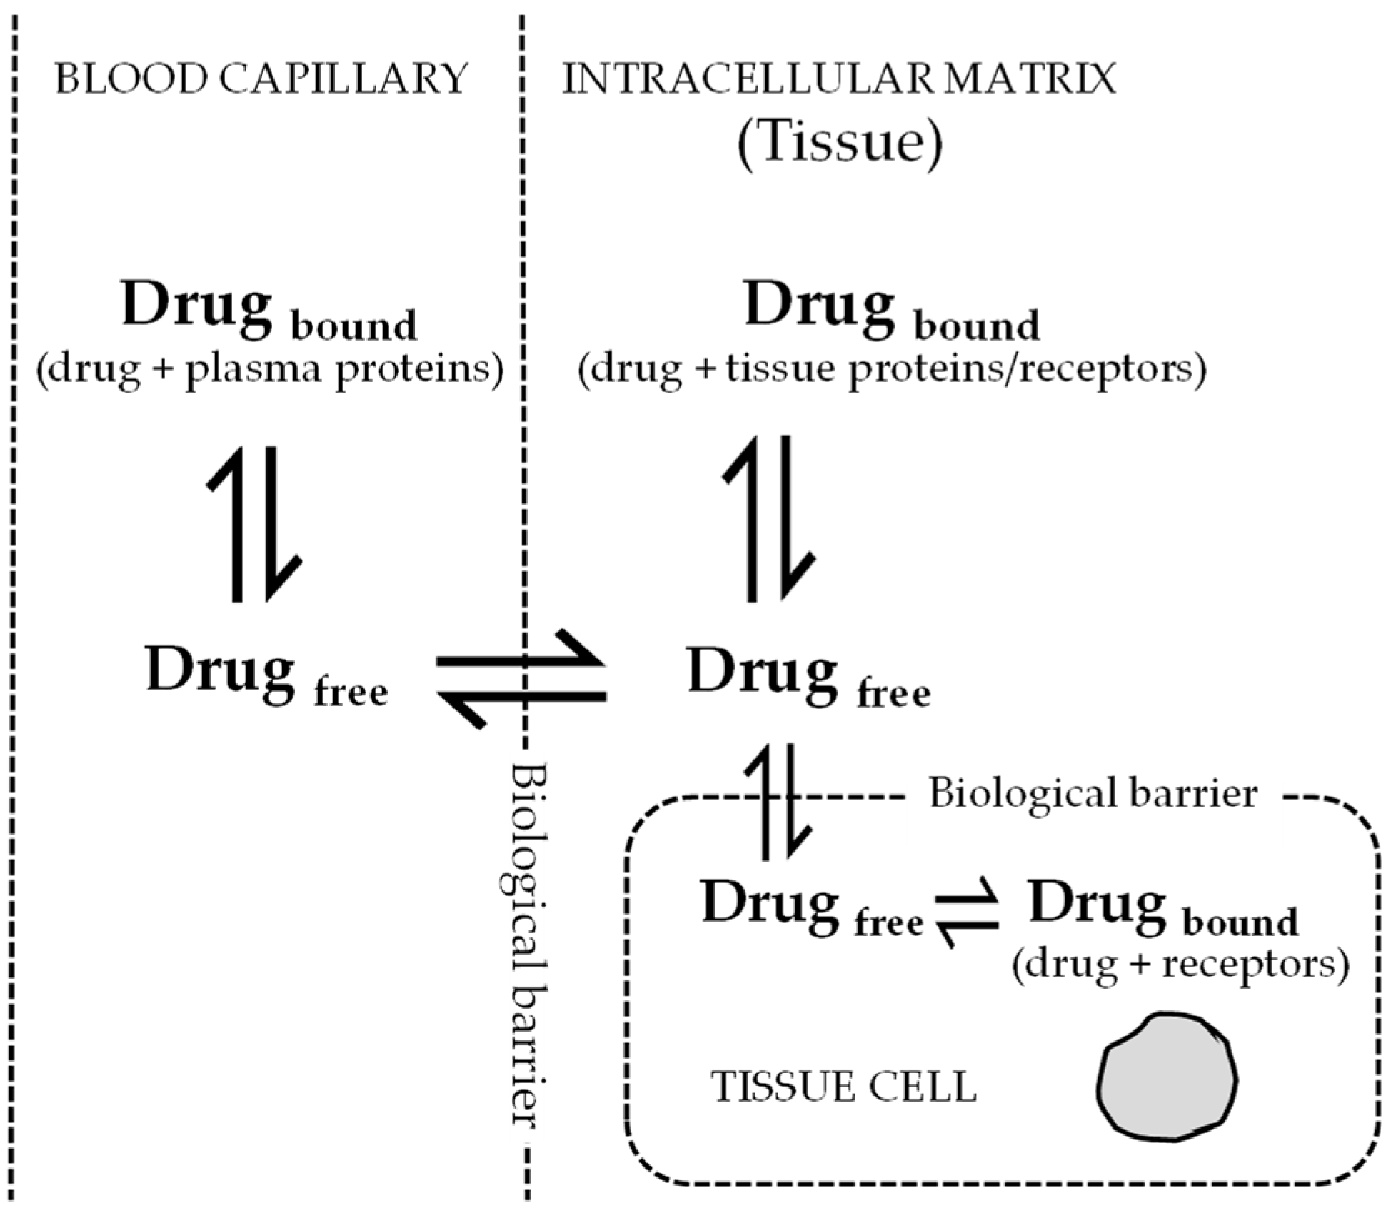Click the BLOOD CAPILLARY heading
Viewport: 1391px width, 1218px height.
pyautogui.click(x=261, y=79)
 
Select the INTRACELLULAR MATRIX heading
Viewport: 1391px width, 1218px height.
pyautogui.click(x=840, y=79)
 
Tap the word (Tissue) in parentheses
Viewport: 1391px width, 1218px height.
pyautogui.click(x=840, y=143)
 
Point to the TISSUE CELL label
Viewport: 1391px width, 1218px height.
pyautogui.click(x=844, y=1087)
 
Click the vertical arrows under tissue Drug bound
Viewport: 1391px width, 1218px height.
pyautogui.click(x=768, y=519)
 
